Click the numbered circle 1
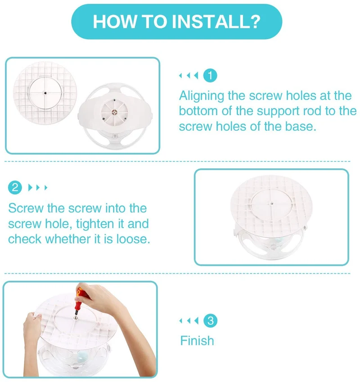210,76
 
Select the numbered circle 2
15,187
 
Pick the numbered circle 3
210,320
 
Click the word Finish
197,340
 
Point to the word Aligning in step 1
202,96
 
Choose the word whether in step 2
68,239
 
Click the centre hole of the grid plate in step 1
45,93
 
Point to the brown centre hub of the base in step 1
114,112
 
